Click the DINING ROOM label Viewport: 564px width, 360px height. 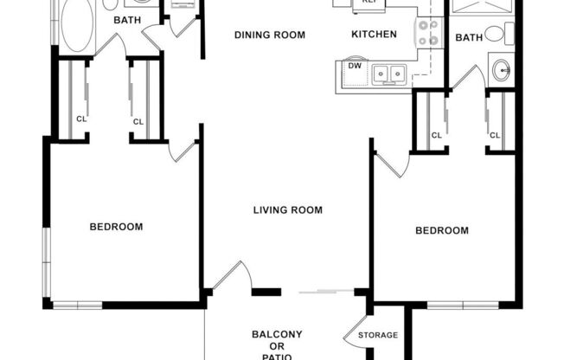tap(271, 35)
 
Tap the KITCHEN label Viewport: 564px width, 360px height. tap(374, 35)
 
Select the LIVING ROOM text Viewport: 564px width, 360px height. tap(288, 209)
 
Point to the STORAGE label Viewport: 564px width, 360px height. tap(378, 335)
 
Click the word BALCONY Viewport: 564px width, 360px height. tap(277, 335)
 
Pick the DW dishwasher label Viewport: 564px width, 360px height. tap(354, 66)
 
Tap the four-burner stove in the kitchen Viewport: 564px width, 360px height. tap(428, 33)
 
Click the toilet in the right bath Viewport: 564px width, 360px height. tap(495, 34)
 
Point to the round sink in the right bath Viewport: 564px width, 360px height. tap(501, 69)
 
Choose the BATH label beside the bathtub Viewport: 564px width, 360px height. tap(127, 19)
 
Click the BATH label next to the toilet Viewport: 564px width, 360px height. tap(469, 37)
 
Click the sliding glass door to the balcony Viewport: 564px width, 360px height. tap(324, 292)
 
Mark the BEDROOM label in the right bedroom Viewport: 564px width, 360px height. tap(442, 230)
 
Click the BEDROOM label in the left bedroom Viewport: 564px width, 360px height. tap(117, 227)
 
